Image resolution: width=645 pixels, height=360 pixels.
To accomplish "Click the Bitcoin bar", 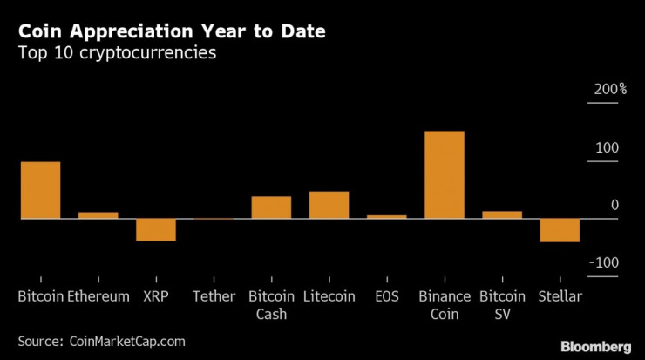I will coord(40,190).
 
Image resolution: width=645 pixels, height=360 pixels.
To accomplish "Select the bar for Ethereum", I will coord(98,214).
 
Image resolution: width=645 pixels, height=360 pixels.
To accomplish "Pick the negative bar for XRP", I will coord(155,229).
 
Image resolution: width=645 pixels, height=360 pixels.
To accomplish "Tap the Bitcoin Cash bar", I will coord(271,207).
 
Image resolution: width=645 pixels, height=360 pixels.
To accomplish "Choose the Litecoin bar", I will coord(329,205).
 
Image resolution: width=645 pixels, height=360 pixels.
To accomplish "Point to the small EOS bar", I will coord(386,216).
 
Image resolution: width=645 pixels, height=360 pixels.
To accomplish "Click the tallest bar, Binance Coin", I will coord(444,174).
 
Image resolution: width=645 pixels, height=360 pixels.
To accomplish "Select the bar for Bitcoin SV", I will coord(502,214).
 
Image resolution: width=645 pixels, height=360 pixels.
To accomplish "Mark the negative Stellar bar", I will coord(560,230).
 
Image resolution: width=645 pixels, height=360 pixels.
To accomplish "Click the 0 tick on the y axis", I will coord(614,205).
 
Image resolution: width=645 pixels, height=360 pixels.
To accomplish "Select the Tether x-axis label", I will coord(214,296).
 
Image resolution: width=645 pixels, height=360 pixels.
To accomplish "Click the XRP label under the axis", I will coord(155,296).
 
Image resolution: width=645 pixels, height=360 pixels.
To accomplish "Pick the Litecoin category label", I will coord(329,296).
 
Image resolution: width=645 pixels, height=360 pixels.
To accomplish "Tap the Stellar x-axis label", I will coord(560,296).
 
